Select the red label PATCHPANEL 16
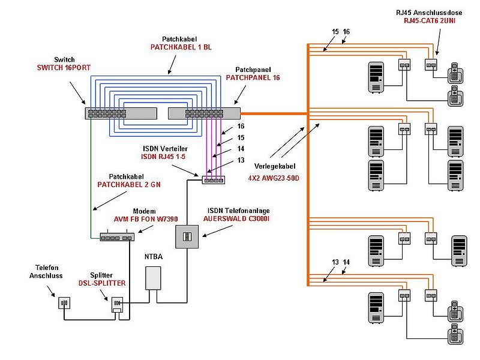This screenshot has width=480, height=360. (253, 77)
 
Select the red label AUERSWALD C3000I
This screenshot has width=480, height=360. (236, 220)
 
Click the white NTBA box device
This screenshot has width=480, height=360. (155, 278)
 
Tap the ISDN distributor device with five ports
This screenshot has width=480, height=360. (213, 179)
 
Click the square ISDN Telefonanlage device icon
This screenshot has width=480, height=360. (187, 236)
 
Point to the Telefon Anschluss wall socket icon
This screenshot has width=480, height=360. (64, 303)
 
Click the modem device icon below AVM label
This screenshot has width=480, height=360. (117, 238)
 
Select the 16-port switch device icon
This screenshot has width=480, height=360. (122, 112)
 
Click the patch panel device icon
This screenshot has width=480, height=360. (204, 112)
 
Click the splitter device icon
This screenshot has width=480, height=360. (118, 304)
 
